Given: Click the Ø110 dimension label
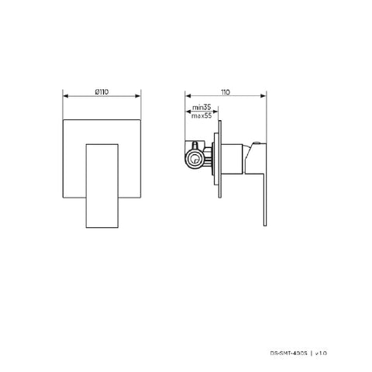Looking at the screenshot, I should [101, 91].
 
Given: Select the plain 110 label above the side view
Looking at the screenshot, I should [226, 91].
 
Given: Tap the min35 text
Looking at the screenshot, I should [201, 108].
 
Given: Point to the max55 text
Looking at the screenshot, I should [202, 115].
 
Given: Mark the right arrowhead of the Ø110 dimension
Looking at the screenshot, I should [141, 96].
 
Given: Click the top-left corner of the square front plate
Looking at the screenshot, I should [63, 122].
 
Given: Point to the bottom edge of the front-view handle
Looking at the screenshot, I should [102, 228].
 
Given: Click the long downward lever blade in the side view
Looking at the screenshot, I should [258, 194].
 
